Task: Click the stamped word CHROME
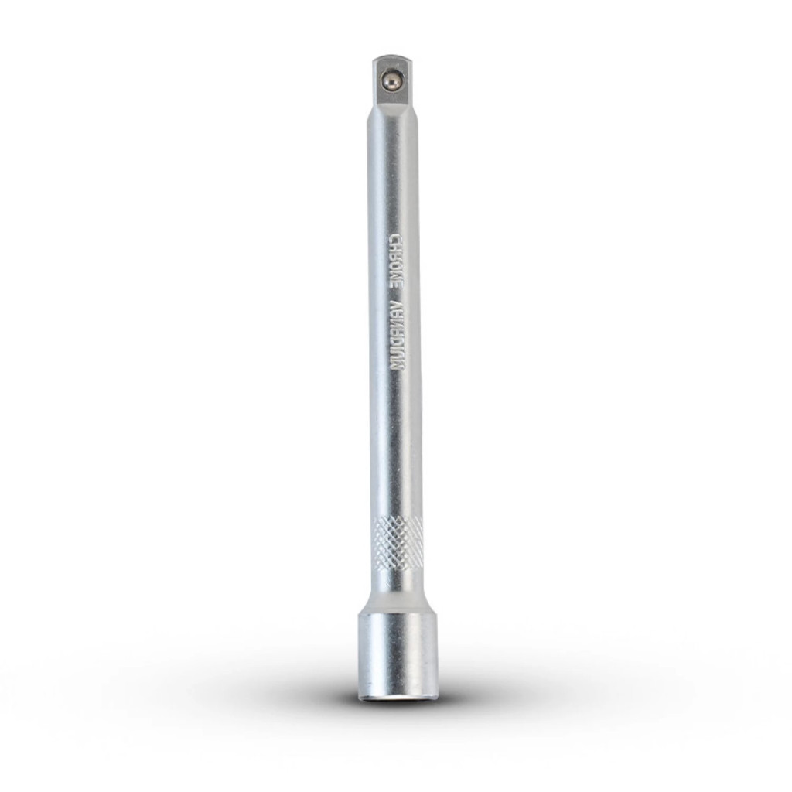tap(397, 261)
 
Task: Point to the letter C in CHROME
tap(397, 237)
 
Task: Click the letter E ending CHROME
tap(397, 285)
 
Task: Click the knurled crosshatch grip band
tap(398, 542)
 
